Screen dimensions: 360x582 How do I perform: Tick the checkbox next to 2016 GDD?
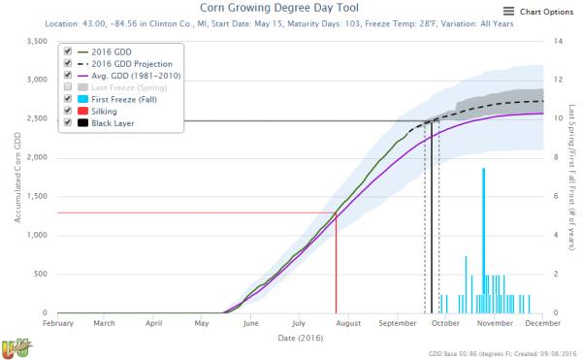(x=67, y=50)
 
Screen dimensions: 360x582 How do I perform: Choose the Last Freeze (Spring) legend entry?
(x=125, y=87)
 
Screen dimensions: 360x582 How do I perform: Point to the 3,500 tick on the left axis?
(x=34, y=42)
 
